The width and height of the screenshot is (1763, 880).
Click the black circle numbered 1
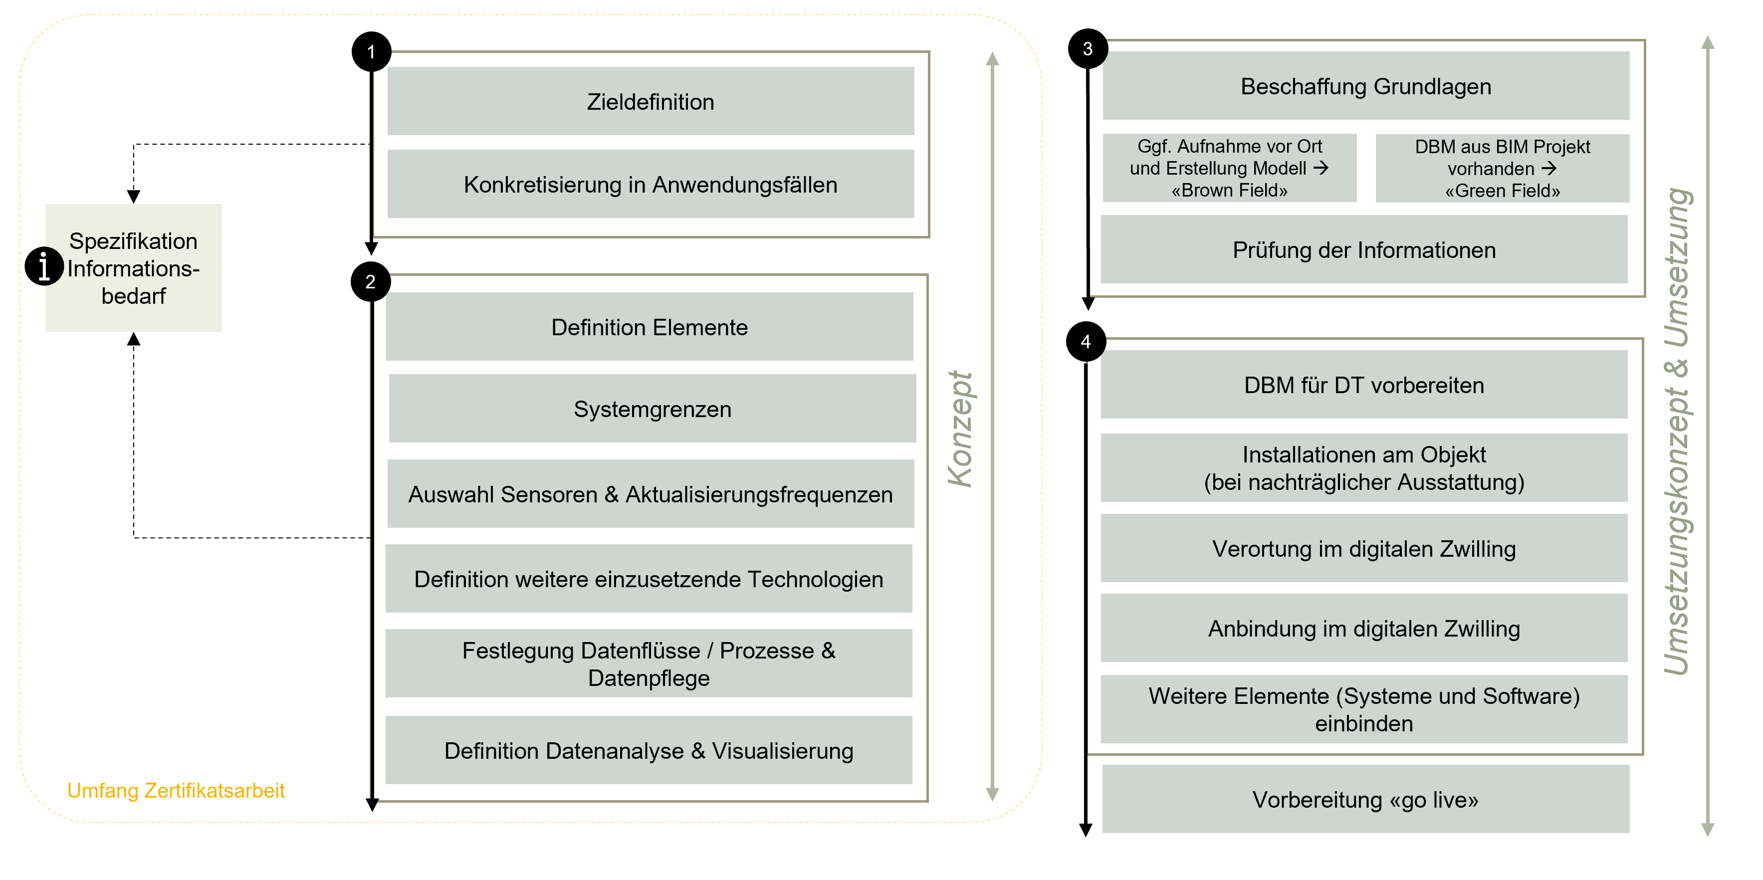click(x=371, y=51)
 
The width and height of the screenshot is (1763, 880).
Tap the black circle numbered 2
click(x=370, y=282)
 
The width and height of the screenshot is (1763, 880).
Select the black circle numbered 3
click(x=1088, y=48)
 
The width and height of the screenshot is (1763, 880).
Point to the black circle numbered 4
click(x=1086, y=341)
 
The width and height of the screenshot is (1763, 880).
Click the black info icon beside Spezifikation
click(x=44, y=265)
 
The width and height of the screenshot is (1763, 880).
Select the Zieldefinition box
click(x=650, y=101)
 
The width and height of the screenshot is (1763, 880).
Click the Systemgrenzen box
click(x=652, y=409)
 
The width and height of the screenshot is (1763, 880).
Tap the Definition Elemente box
click(x=649, y=327)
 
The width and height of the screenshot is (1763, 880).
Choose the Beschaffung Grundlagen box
click(x=1365, y=86)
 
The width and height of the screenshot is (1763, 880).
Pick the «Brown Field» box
click(x=1229, y=168)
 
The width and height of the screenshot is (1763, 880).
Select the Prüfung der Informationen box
click(x=1363, y=250)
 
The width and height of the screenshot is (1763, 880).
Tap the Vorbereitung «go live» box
click(x=1365, y=799)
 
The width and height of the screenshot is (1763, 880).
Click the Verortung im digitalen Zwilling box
click(x=1363, y=549)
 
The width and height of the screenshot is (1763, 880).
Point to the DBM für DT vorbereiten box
click(x=1363, y=385)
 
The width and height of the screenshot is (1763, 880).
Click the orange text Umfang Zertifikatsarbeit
click(x=176, y=790)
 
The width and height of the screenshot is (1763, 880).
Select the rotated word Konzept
click(x=960, y=429)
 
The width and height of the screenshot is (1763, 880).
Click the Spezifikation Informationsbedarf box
click(x=134, y=268)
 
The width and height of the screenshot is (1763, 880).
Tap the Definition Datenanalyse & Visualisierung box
click(x=649, y=751)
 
